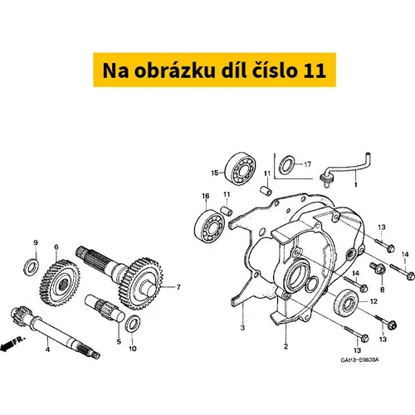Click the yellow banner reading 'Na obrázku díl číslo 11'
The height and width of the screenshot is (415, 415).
click(x=214, y=70)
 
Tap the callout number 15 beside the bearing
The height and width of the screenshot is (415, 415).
click(x=215, y=173)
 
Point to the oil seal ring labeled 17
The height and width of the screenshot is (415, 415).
click(x=286, y=165)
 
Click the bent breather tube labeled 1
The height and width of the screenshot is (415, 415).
click(x=346, y=169)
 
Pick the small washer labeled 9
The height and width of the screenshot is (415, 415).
click(x=31, y=266)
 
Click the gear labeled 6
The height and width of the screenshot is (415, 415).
click(x=60, y=283)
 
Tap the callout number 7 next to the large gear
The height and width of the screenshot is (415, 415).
click(x=178, y=287)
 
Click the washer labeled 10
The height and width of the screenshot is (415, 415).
click(x=133, y=323)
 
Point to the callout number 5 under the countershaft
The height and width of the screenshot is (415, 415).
click(x=119, y=342)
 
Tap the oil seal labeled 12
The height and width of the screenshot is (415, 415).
click(x=346, y=302)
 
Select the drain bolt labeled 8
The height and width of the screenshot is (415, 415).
click(x=378, y=268)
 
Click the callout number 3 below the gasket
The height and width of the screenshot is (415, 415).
click(x=242, y=328)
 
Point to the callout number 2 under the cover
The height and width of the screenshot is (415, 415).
click(x=286, y=346)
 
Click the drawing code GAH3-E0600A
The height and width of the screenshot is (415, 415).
click(x=359, y=360)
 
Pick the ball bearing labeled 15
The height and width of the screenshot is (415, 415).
click(x=240, y=168)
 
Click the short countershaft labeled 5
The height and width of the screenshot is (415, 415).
click(x=105, y=307)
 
